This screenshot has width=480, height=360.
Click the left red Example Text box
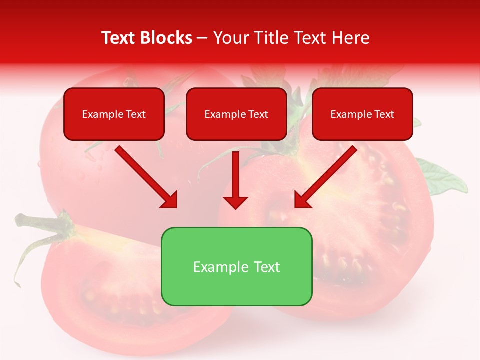[x=114, y=114]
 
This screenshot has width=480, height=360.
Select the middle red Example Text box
[x=236, y=114]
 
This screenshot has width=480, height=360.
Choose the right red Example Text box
[x=362, y=114]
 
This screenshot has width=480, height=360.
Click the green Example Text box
[x=236, y=266]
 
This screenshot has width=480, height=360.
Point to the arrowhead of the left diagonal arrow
[x=170, y=200]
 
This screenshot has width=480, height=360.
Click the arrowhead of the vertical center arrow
[x=235, y=202]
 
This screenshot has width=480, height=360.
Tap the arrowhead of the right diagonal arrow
[x=302, y=200]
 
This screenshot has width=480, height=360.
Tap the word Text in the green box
[x=267, y=267]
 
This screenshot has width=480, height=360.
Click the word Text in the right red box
[x=384, y=114]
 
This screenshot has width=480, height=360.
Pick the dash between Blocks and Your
[x=202, y=38]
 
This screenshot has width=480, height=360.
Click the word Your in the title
[x=229, y=38]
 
